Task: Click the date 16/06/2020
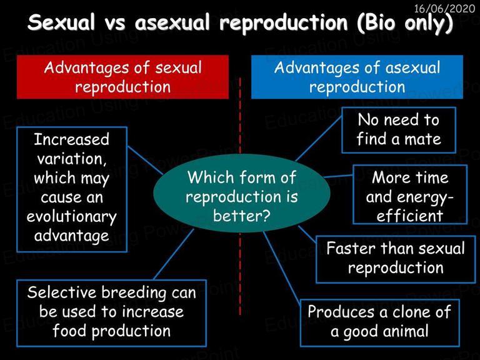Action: (x=444, y=8)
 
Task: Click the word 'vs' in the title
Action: (x=115, y=22)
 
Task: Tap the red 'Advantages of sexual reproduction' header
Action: (x=122, y=77)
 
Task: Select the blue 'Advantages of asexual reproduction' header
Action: (x=357, y=77)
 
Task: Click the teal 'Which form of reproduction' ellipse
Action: (x=241, y=194)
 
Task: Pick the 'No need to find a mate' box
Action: (x=399, y=130)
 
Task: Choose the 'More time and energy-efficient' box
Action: (x=410, y=194)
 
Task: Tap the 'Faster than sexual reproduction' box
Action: (x=396, y=259)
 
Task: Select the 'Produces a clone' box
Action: (x=379, y=322)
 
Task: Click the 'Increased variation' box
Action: (x=72, y=189)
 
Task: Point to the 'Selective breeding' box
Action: (x=111, y=313)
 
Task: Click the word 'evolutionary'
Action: (x=72, y=217)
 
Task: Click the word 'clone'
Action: (x=411, y=312)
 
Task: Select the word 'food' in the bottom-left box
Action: (x=70, y=331)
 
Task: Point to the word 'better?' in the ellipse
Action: (x=242, y=216)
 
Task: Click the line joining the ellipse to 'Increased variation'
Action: (x=145, y=161)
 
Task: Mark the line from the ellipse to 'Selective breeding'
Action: (x=174, y=254)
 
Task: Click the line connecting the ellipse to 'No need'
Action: (x=319, y=139)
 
